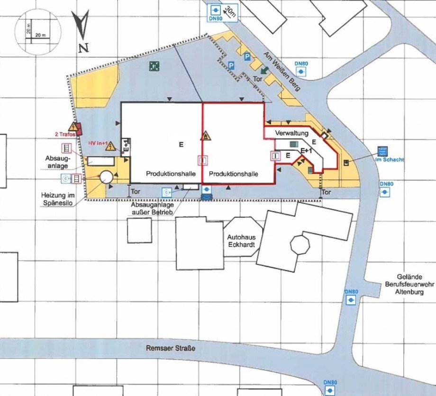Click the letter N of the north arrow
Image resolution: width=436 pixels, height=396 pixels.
[x=83, y=47]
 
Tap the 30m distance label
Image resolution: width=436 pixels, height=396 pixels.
[x=231, y=11]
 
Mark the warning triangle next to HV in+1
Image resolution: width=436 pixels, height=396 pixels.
[x=112, y=146]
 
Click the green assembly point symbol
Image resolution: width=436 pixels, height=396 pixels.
[x=154, y=66]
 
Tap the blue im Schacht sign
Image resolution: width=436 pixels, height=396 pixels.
[x=382, y=152]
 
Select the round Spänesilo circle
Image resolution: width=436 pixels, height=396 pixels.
[x=105, y=177]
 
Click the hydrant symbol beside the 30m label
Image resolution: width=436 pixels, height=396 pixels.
[x=215, y=9]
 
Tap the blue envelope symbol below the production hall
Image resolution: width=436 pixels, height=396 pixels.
[x=207, y=195]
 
